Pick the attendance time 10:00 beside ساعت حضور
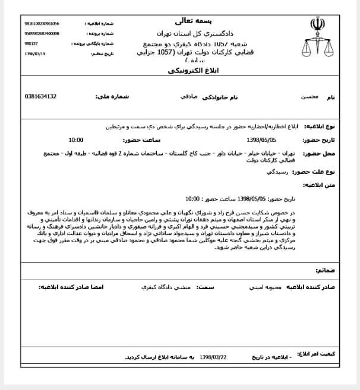coord(76,140)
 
